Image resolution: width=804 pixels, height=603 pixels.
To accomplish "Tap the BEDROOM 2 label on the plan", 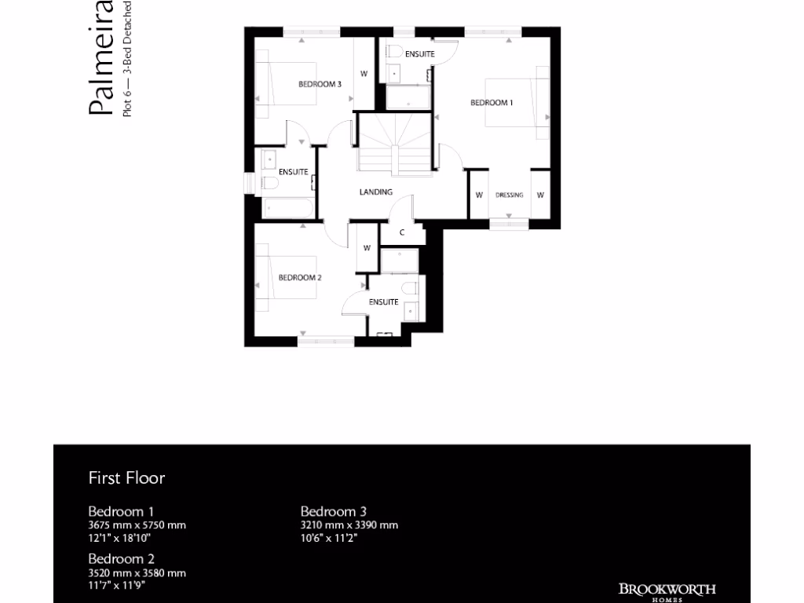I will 300,277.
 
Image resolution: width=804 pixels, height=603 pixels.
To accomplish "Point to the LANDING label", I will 376,192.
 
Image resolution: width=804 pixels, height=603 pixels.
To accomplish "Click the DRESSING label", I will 510,195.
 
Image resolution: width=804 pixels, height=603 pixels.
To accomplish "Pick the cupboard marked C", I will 402,232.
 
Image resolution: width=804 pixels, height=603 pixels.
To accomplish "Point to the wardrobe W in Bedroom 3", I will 364,74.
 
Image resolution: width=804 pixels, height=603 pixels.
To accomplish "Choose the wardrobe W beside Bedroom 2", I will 367,248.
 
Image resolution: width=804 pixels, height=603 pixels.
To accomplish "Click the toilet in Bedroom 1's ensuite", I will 396,53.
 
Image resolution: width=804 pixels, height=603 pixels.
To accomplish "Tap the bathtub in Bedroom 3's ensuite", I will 287,208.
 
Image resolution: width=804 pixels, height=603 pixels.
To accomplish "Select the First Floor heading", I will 126,477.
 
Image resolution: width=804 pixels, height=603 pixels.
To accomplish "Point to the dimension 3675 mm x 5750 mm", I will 137,525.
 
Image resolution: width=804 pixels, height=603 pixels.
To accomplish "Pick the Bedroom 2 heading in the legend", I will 121,559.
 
